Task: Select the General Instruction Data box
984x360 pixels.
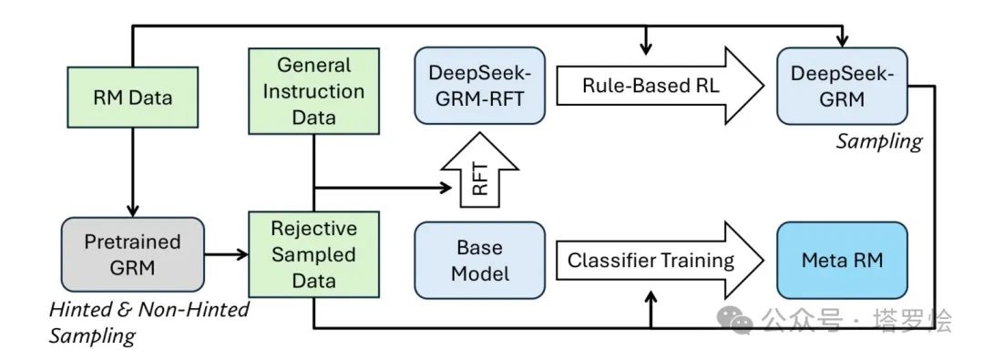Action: click(313, 91)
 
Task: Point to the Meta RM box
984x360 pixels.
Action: click(841, 260)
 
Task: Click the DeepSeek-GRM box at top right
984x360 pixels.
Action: click(841, 87)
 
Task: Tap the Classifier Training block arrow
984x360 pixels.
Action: click(651, 261)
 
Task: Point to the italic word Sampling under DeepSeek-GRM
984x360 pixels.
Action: click(878, 141)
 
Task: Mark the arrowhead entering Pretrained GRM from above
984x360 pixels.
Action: click(133, 210)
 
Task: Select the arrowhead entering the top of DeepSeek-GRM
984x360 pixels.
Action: click(843, 42)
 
